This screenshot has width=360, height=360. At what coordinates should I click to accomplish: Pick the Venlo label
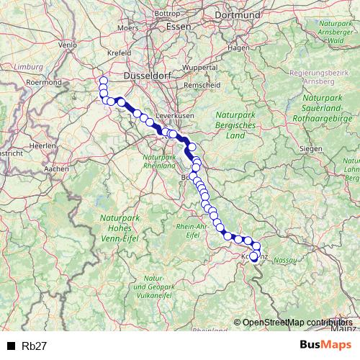click(67, 45)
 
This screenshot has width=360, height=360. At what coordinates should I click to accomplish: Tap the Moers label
click(127, 28)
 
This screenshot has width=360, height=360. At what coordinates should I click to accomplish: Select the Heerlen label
click(42, 145)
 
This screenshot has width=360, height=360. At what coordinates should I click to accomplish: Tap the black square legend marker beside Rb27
click(11, 346)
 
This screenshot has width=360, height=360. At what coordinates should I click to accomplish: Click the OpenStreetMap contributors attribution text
click(297, 323)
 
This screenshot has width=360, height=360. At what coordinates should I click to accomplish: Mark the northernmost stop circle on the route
click(104, 81)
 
